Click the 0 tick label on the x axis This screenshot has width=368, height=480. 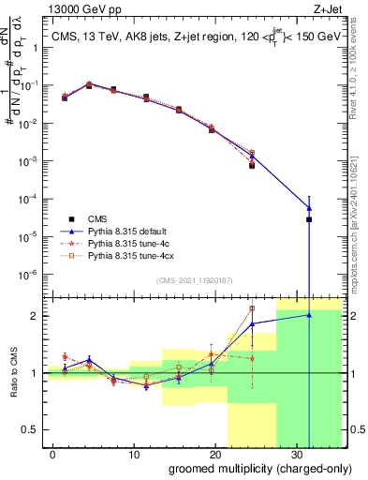(x=52, y=452)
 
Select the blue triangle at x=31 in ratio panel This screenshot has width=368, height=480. (x=308, y=315)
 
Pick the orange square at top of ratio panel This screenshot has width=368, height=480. (x=252, y=308)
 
